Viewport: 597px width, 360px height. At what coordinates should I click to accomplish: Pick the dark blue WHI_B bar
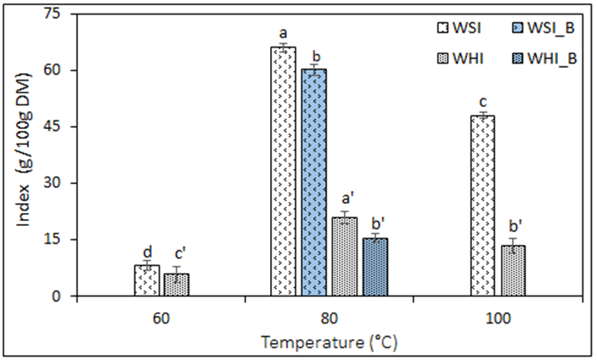coord(375,267)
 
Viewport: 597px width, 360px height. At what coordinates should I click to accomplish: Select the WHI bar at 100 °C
coord(513,271)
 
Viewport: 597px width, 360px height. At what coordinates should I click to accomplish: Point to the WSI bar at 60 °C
coord(147,280)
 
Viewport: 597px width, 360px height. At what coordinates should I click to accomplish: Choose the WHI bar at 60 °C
coord(177,284)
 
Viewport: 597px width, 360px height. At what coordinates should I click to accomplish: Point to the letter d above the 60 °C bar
coord(147,252)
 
